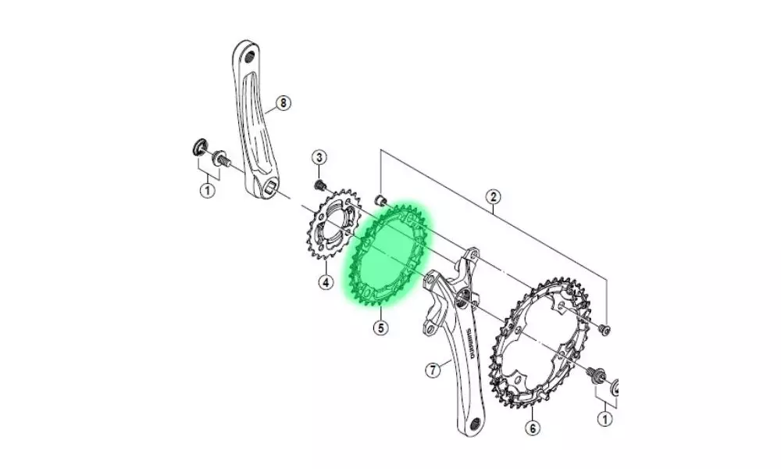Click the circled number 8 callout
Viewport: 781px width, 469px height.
pos(283,103)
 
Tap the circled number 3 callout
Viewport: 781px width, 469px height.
pos(319,157)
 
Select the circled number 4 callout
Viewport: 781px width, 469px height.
pos(325,283)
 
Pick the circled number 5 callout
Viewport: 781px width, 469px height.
pos(380,328)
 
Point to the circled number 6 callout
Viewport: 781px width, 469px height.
pos(533,427)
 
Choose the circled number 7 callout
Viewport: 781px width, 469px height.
pos(433,371)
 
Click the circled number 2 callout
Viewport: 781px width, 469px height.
pos(493,197)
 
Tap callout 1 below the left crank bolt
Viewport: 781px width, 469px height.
pos(209,190)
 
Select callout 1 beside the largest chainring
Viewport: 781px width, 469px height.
pos(605,419)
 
